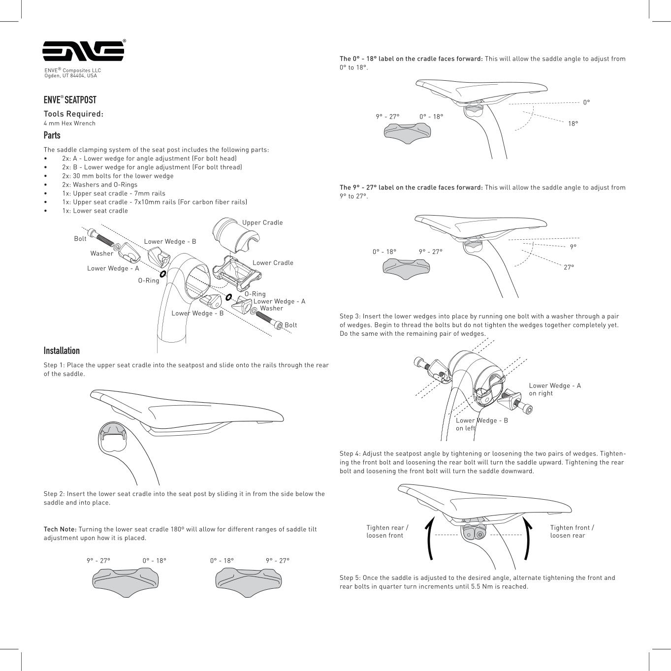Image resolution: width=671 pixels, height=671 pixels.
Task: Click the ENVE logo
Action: (x=83, y=51)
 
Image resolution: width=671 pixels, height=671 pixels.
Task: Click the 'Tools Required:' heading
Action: (x=73, y=114)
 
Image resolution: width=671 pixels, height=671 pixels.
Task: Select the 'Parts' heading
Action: (x=52, y=135)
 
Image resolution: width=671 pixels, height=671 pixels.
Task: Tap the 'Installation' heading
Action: (x=62, y=351)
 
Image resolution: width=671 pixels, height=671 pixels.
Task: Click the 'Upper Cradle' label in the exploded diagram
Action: (x=262, y=223)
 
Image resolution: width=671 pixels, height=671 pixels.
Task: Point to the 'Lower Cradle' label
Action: (x=273, y=263)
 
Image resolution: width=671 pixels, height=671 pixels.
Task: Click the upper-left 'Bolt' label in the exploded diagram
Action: (x=80, y=239)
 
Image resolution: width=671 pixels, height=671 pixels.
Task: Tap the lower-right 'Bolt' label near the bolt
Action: (x=291, y=325)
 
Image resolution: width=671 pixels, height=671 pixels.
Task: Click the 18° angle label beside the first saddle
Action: (x=573, y=124)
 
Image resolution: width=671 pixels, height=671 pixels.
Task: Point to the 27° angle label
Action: (x=569, y=267)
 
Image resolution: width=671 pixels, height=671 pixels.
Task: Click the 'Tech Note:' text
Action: (x=60, y=529)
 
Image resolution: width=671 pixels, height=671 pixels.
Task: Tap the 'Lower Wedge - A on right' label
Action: (x=555, y=389)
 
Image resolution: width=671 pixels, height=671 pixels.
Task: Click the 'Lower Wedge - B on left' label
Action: (x=481, y=424)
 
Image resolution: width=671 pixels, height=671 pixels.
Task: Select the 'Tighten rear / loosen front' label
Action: (x=387, y=531)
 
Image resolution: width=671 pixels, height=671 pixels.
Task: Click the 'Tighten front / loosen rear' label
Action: (x=572, y=531)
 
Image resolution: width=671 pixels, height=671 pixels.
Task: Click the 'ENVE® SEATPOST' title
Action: (x=70, y=100)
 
